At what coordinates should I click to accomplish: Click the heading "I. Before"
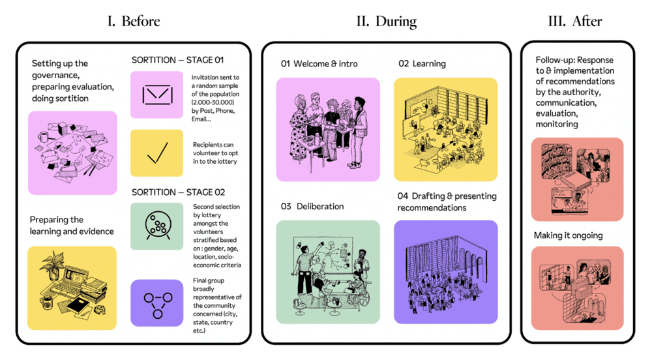133,22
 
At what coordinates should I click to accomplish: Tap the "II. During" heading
386,22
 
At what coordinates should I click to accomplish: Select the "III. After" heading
575,22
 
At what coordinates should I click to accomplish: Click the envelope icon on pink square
156,95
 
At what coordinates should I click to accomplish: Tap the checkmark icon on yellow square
156,153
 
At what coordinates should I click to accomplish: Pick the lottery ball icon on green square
156,226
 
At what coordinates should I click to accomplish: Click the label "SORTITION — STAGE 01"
177,60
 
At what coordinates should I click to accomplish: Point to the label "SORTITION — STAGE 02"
178,192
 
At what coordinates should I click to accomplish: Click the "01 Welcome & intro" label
319,64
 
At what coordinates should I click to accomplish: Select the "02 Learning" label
422,64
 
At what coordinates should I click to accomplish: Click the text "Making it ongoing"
568,235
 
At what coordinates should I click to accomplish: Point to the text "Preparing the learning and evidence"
72,225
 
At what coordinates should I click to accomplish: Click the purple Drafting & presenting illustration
445,272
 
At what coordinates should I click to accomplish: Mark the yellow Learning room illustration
445,129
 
